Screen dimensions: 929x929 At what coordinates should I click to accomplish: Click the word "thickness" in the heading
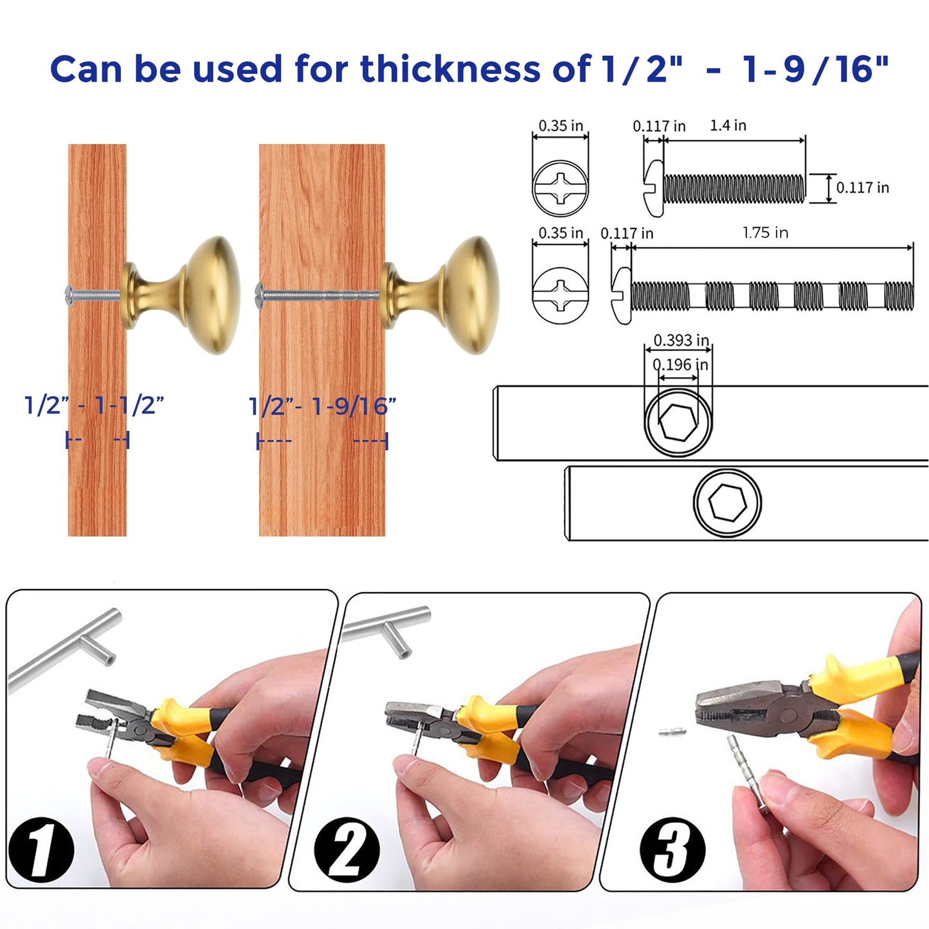pos(449,69)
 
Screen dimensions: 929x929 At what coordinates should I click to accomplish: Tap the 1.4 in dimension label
pos(728,125)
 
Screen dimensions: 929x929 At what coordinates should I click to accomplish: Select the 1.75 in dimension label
pos(765,233)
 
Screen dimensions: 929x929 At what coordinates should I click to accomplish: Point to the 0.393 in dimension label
pos(681,340)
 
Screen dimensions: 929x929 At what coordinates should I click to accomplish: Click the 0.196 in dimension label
pos(680,365)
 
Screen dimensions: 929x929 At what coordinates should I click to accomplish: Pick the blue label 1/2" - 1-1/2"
pos(95,406)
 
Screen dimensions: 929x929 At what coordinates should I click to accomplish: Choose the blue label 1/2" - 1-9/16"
pos(322,406)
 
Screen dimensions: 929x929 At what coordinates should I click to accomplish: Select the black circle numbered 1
pos(41,849)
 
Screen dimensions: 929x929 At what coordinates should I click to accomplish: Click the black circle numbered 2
pos(347,849)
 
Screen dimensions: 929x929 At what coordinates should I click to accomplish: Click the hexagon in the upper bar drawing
pos(678,423)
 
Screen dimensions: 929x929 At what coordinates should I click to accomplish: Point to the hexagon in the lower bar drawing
pos(727,502)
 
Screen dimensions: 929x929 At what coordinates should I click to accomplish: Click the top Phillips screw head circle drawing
pos(560,188)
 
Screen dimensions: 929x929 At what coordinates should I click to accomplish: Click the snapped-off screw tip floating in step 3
pos(672,731)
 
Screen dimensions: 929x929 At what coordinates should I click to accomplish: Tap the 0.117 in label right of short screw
pos(862,188)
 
